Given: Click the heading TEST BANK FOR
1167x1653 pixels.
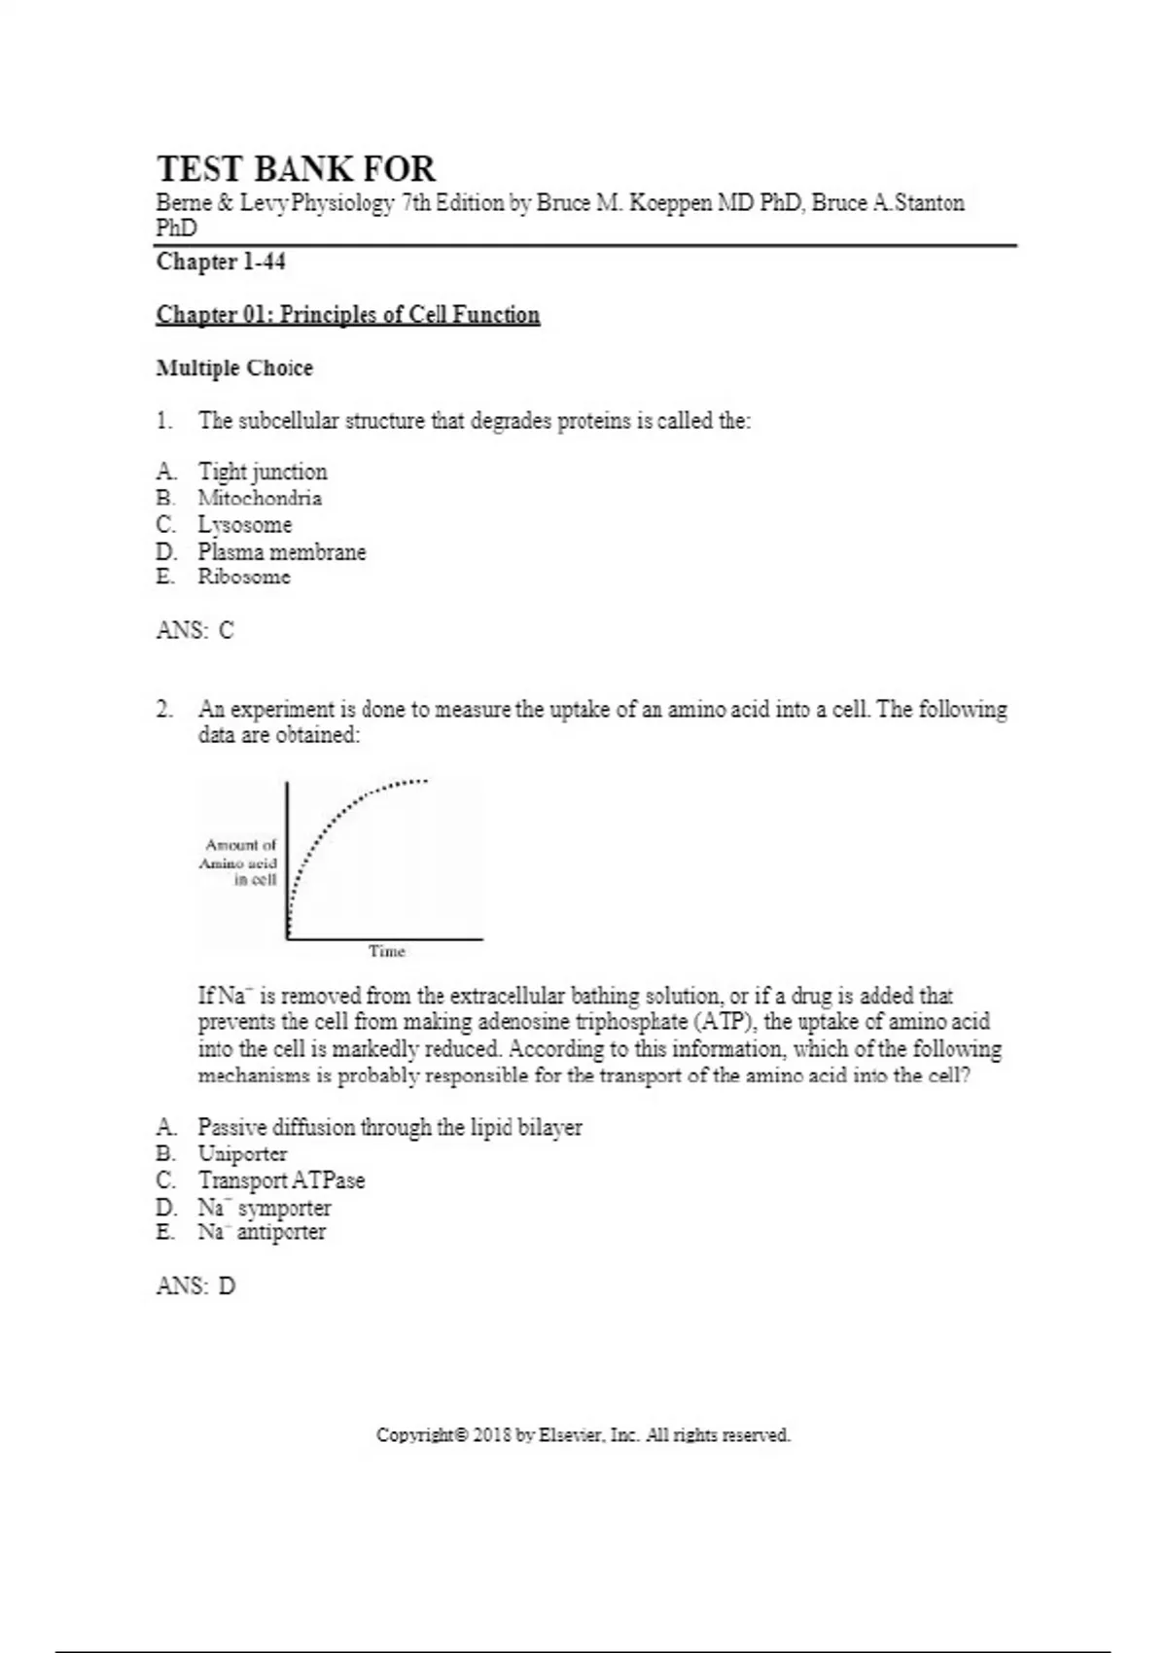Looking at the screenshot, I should coord(296,169).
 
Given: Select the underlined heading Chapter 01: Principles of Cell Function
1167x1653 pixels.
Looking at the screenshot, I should coord(348,315).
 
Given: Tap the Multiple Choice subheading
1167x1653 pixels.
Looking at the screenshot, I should coord(234,369).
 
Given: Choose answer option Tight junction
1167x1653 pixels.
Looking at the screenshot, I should coord(263,473).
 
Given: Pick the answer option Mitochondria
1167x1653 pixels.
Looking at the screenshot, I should coord(260,499).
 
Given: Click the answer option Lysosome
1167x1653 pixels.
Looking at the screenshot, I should coord(245,525).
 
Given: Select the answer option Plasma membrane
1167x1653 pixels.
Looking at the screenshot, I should coord(282,552).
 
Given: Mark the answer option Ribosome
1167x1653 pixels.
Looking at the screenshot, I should coord(244,578).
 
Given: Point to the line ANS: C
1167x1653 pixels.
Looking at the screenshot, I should coord(194,631).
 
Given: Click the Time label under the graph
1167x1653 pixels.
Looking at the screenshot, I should coord(387,952).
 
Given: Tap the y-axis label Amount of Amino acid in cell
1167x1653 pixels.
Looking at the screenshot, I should coord(240,862).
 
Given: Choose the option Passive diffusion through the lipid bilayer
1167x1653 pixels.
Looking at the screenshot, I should coord(390,1128).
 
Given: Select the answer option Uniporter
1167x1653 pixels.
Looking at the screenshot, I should coord(242,1154).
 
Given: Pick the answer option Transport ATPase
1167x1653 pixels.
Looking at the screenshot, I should coord(281,1180).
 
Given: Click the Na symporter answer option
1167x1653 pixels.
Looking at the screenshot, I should coord(265,1208).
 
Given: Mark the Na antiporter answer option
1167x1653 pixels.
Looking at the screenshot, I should coord(262,1233).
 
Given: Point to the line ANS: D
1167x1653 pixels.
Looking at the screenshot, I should coord(194,1286).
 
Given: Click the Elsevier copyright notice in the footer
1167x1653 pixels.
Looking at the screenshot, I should coord(583,1435).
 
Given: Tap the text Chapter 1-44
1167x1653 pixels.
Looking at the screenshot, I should coord(221,263).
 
